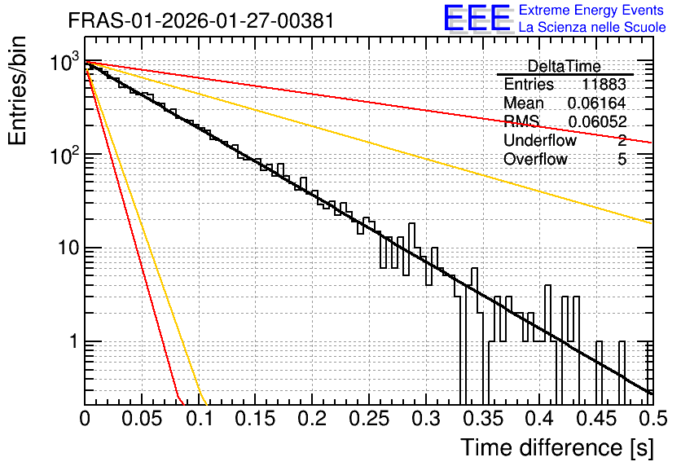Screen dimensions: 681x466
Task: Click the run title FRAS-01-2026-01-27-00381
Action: click(201, 20)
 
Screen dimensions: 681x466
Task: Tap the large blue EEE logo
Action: click(477, 18)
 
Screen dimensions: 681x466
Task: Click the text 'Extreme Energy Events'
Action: click(591, 10)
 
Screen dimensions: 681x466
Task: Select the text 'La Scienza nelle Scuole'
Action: click(592, 28)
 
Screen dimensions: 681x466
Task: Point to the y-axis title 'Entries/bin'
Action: click(17, 90)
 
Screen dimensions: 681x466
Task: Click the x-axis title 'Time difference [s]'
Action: click(557, 448)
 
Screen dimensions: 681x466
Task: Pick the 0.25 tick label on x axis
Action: click(369, 419)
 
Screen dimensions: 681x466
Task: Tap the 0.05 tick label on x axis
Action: click(142, 419)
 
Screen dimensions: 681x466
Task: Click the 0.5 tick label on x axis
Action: click(652, 419)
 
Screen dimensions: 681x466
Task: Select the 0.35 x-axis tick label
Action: click(483, 419)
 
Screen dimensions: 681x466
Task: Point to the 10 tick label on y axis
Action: click(68, 248)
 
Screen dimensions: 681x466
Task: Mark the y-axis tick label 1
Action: click(73, 341)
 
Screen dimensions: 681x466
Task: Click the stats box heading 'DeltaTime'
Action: click(565, 66)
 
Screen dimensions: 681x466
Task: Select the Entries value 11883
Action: click(604, 84)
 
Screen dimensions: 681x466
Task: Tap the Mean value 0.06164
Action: click(597, 103)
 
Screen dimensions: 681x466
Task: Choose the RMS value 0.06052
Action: click(597, 122)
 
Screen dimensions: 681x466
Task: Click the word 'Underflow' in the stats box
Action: click(540, 140)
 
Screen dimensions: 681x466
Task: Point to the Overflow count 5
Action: click(622, 160)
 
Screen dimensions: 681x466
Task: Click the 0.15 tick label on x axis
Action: click(256, 419)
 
